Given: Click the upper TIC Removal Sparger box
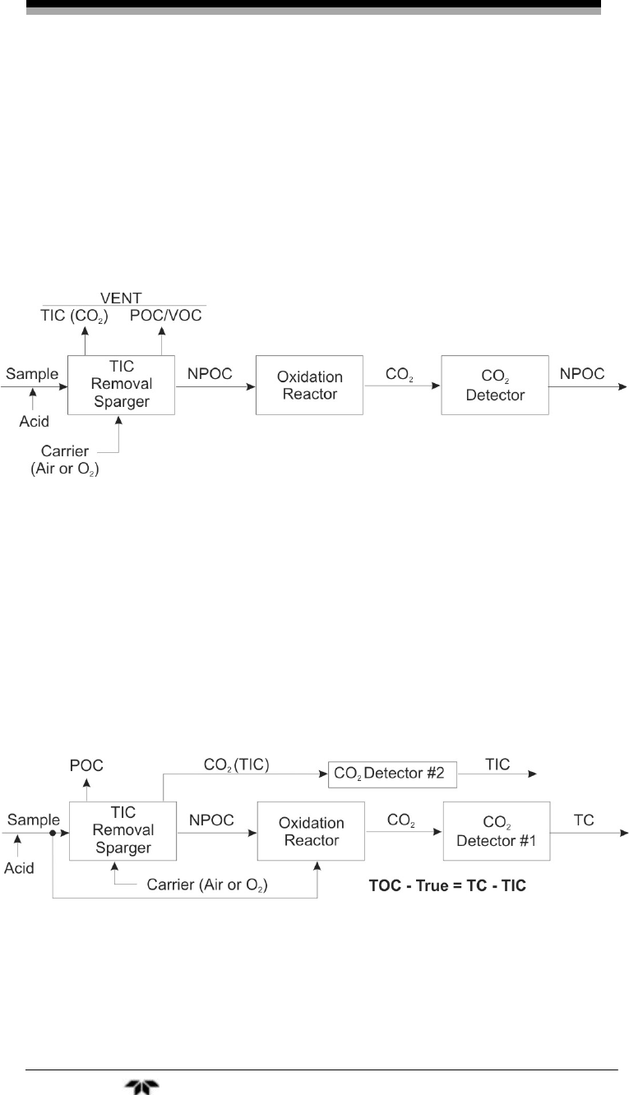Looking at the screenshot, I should [121, 384].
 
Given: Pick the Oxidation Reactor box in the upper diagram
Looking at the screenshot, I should [308, 384].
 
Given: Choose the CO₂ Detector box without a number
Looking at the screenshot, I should [494, 384].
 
